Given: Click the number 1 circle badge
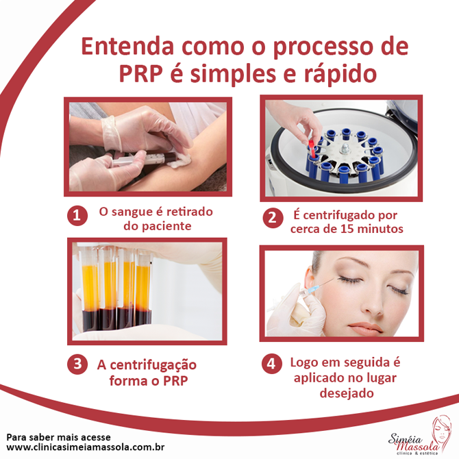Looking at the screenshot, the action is coord(77,216).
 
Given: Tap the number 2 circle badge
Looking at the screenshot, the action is coord(273,218).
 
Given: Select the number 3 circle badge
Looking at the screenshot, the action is coord(77,364).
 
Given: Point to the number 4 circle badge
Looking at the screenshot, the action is coord(272,364).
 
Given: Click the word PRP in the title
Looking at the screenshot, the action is coord(140,74).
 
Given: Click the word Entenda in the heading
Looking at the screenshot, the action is coord(127,47).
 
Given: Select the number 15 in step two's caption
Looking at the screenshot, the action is coord(348,229).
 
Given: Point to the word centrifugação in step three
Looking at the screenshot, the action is coord(153,365).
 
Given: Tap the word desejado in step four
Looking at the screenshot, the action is coord(346,393).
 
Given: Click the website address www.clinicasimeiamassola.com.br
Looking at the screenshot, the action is coord(86,447).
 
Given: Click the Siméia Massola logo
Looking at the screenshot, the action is coord(419,435).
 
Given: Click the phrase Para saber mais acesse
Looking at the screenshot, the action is coord(58,437).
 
